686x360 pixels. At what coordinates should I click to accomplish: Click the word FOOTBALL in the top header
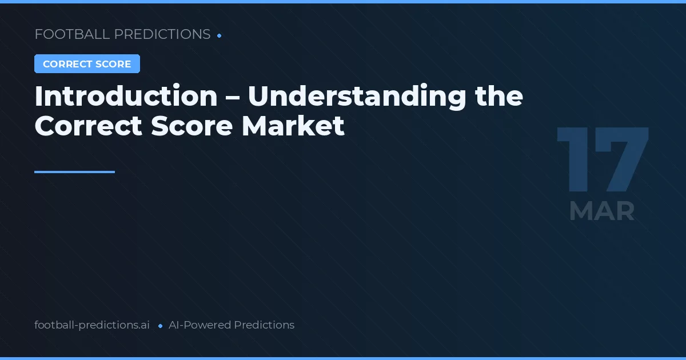point(72,34)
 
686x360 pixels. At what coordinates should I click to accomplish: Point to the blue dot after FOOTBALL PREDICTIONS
point(220,35)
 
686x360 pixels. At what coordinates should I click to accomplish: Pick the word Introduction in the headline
point(126,96)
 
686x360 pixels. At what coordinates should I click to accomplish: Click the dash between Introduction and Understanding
point(233,97)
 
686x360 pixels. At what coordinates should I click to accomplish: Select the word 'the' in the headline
point(499,96)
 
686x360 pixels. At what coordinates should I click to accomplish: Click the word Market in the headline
point(293,126)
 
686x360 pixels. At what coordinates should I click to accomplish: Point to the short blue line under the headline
point(74,171)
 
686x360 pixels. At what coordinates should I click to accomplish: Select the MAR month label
point(601,211)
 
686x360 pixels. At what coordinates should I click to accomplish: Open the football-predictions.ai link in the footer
point(92,325)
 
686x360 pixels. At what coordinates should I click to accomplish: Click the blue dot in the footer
point(160,326)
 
